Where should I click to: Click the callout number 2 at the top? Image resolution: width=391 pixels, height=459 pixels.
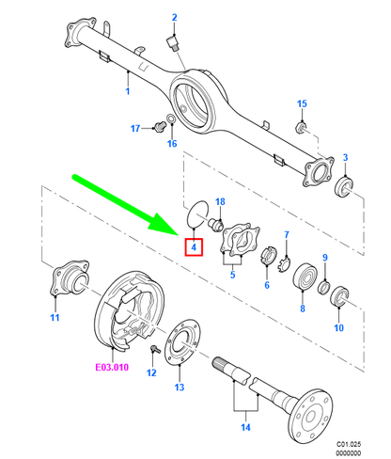(x=175, y=18)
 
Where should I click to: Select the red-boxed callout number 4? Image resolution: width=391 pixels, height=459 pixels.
(x=194, y=247)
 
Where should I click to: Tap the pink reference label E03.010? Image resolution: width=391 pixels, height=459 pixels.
(x=112, y=367)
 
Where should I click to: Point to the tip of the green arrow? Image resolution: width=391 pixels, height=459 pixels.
(x=178, y=234)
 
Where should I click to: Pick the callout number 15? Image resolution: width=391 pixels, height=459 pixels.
(x=302, y=103)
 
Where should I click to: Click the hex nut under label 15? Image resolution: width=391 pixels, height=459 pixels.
(x=301, y=128)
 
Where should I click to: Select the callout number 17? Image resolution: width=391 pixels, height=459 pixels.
(x=135, y=128)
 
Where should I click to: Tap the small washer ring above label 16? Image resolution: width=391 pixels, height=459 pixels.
(x=171, y=119)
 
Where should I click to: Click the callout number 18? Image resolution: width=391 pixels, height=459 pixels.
(x=220, y=201)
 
